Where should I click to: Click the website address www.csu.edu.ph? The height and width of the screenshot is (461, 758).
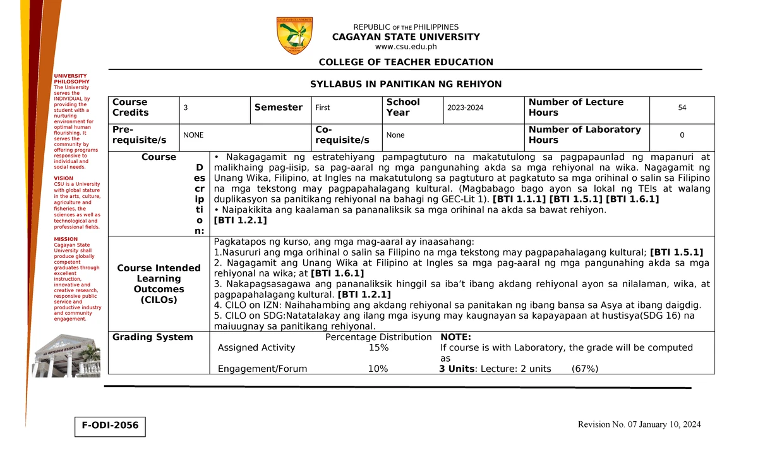click(406, 46)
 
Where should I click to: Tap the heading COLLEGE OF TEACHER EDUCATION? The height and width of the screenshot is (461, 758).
click(406, 62)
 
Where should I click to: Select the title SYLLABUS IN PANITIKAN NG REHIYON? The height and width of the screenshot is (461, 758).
click(406, 84)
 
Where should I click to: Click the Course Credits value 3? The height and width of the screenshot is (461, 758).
click(186, 108)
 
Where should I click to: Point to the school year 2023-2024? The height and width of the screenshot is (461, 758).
click(465, 108)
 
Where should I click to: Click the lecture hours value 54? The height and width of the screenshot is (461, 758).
click(682, 108)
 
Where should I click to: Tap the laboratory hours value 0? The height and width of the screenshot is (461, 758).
click(682, 135)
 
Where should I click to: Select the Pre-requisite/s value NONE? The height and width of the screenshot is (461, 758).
click(193, 135)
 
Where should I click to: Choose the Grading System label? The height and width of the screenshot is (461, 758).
click(152, 337)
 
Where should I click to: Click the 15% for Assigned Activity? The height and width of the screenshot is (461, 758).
click(378, 348)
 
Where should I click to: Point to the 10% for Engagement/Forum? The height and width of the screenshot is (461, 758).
click(378, 369)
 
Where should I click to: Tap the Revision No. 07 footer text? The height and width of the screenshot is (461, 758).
click(639, 424)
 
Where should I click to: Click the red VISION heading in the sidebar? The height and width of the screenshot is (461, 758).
click(63, 178)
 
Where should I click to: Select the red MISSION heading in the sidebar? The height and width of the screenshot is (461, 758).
click(66, 239)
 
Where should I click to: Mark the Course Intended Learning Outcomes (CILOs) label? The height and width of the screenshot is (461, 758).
click(159, 284)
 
